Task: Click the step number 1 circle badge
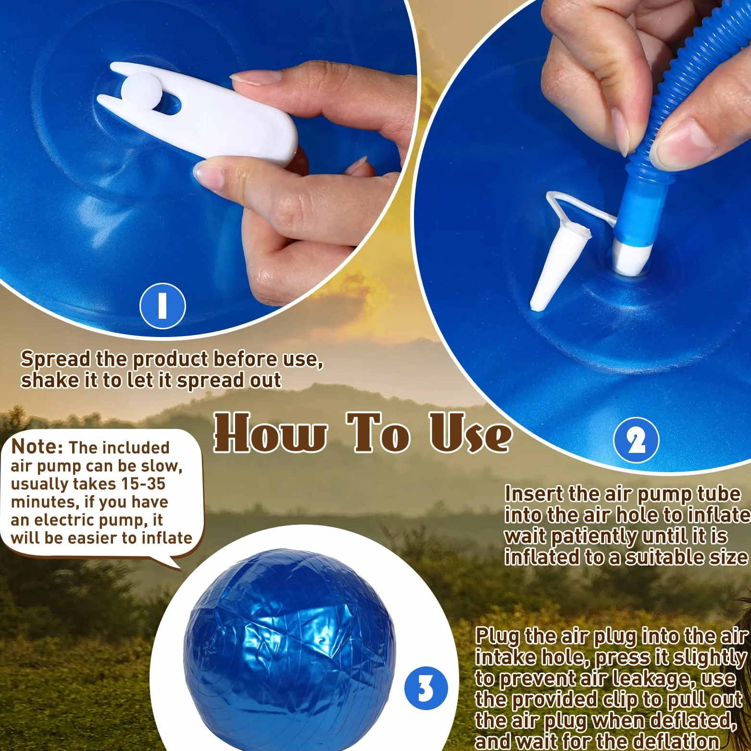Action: [x=163, y=306]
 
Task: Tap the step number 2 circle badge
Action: [x=636, y=440]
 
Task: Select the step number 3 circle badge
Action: [x=426, y=688]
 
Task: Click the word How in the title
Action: [x=270, y=433]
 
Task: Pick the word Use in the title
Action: [x=470, y=433]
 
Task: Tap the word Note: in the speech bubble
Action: [x=37, y=447]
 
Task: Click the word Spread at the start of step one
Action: [x=56, y=360]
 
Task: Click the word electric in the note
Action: [x=68, y=520]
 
